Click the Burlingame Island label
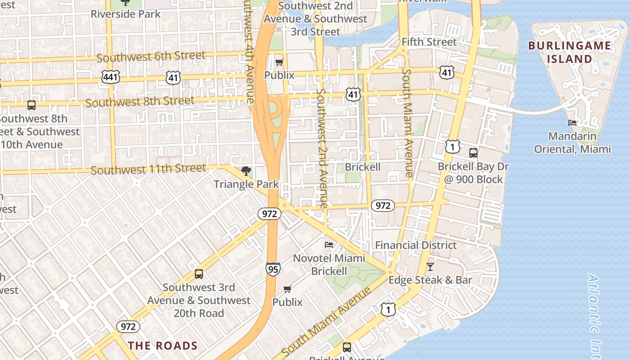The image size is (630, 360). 570,52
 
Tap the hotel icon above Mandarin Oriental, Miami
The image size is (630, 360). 572,122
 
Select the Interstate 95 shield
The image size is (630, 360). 273,269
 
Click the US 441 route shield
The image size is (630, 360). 110,77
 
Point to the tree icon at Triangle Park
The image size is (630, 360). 246,171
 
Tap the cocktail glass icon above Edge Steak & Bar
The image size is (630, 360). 430,266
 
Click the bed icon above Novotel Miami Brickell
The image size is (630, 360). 329,245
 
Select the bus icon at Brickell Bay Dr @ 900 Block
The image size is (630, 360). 473,153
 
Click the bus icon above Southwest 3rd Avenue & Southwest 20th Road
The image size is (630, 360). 198,274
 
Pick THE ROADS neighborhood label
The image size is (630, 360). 163,346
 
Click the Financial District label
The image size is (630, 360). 416,245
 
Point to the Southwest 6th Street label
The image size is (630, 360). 151,57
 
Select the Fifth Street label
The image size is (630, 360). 429,42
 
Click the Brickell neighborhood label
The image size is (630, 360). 363,167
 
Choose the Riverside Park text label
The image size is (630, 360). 126,14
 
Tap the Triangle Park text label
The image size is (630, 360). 246,184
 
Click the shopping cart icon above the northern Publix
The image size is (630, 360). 279,62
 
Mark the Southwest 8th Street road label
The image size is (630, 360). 140,102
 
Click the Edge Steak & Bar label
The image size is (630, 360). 430,280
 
